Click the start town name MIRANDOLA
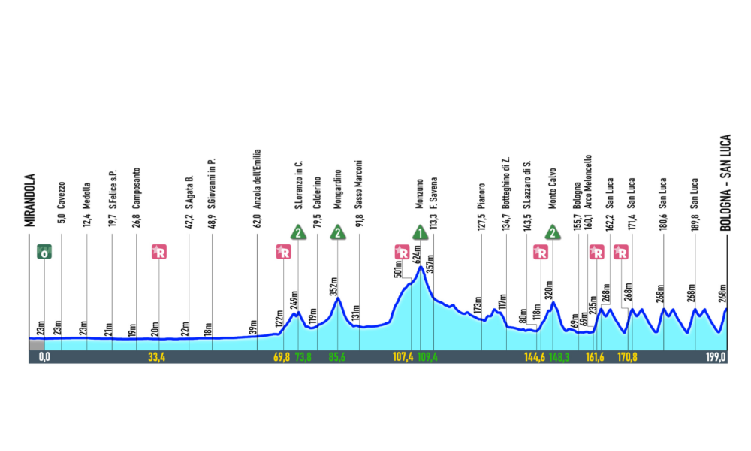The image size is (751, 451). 31,200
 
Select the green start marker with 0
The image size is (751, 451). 44,253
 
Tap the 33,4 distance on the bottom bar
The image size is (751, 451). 158,357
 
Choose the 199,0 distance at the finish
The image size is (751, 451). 716,357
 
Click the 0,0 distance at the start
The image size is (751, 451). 44,357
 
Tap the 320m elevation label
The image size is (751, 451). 549,290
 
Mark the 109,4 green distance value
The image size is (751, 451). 427,357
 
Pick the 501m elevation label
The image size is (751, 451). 399,268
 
